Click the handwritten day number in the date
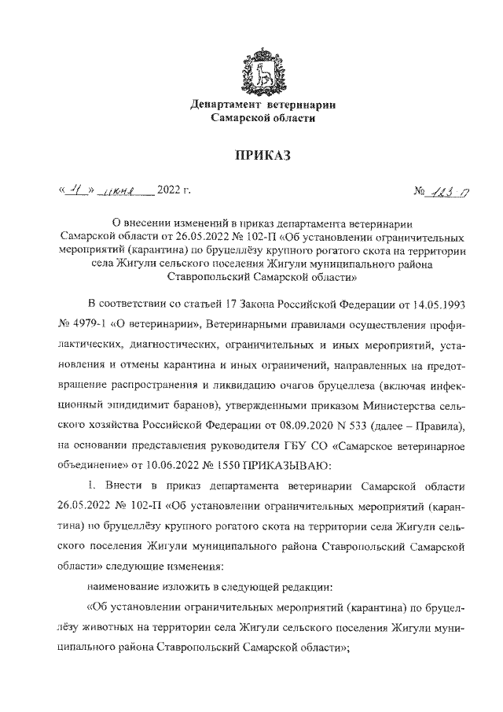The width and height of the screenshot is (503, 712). tap(77, 189)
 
